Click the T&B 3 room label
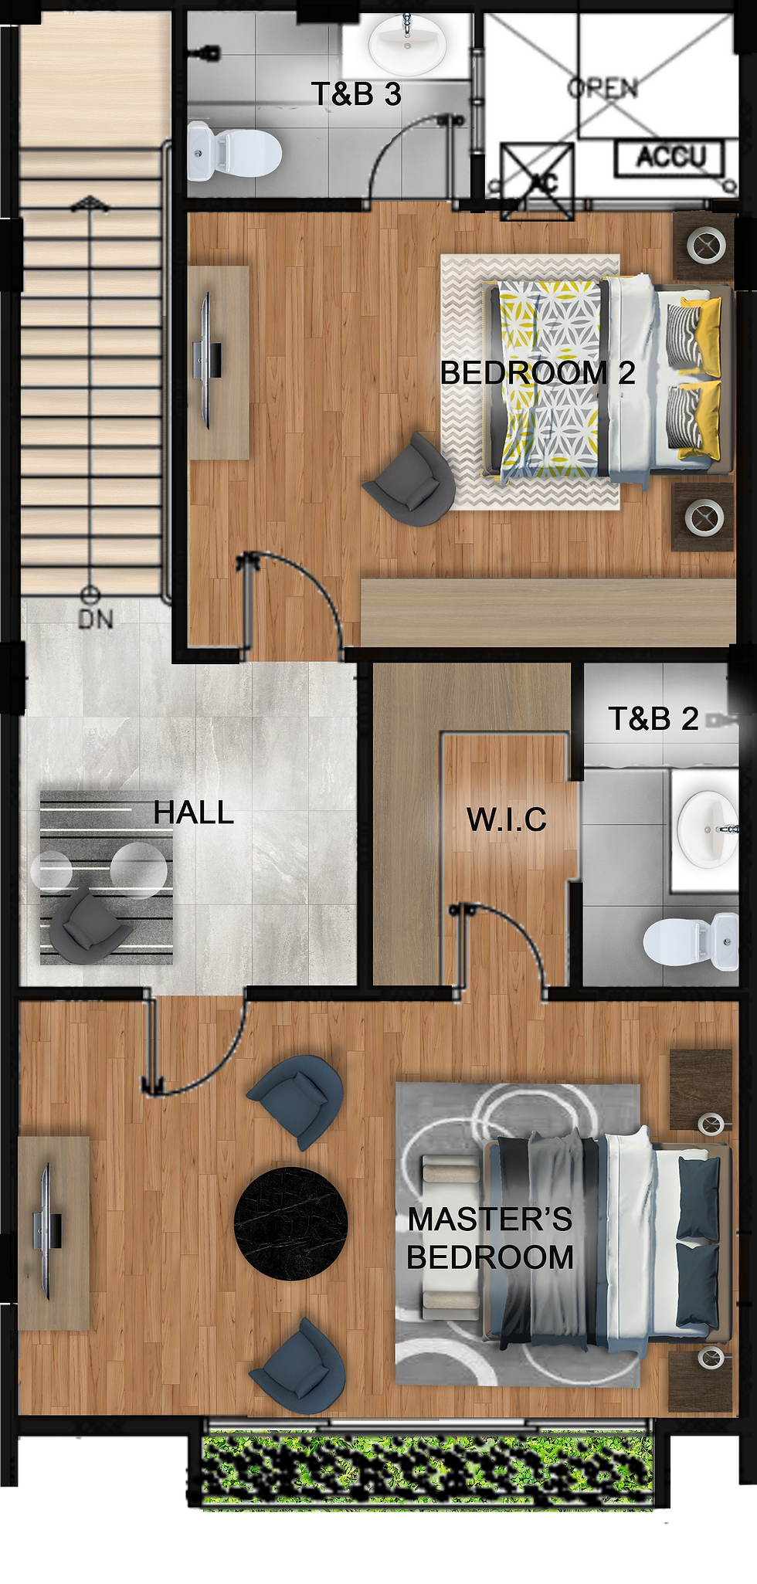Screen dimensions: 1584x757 tap(356, 94)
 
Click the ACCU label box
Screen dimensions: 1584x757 tap(670, 158)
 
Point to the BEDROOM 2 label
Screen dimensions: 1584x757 tap(538, 373)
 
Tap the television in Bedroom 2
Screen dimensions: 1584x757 tap(207, 361)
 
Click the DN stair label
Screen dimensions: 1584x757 tap(96, 619)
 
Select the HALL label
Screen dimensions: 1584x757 tap(193, 812)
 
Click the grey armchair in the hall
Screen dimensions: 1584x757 tap(85, 924)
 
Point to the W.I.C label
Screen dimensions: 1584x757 tap(507, 819)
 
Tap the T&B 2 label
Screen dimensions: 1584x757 tap(653, 719)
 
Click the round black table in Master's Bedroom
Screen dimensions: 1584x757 tap(290, 1223)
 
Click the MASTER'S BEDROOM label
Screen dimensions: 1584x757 tap(491, 1238)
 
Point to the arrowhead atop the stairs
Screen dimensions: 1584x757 tap(90, 204)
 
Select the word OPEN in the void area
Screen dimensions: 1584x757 tap(603, 88)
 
